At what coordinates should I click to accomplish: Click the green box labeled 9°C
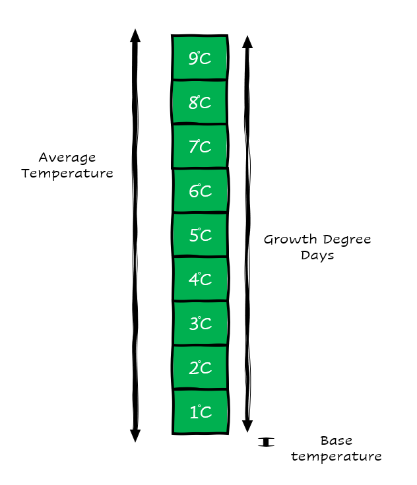click(200, 58)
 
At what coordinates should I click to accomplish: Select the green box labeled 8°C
click(200, 102)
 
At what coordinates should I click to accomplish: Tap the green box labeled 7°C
click(200, 146)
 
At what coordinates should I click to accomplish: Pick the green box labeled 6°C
click(200, 191)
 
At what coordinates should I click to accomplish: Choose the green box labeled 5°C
click(200, 236)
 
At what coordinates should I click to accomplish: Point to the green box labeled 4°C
click(200, 280)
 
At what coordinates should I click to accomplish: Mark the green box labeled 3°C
click(200, 324)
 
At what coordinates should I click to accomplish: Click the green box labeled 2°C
click(200, 368)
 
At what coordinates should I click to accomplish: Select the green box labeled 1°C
click(200, 412)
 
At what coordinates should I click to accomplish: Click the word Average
click(67, 158)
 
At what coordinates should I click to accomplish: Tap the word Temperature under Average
click(67, 174)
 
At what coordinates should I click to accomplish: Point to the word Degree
click(347, 240)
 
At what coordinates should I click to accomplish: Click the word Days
click(317, 255)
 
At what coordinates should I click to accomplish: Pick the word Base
click(335, 440)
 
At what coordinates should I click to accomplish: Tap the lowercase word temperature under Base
click(336, 456)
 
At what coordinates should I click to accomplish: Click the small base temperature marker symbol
click(266, 441)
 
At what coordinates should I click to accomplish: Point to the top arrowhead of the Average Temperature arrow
click(135, 36)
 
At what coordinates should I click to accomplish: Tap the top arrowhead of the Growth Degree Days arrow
click(247, 42)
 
